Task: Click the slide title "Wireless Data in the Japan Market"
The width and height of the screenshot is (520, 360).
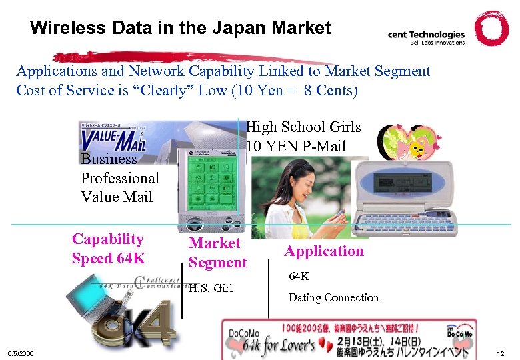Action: pyautogui.click(x=180, y=28)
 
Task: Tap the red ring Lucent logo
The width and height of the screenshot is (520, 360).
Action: pyautogui.click(x=491, y=28)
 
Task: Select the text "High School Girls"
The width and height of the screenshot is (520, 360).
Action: pyautogui.click(x=303, y=127)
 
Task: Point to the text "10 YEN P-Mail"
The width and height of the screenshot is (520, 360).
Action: pyautogui.click(x=296, y=146)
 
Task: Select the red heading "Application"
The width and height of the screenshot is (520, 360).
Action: pyautogui.click(x=324, y=251)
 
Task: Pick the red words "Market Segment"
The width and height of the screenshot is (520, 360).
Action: pyautogui.click(x=217, y=253)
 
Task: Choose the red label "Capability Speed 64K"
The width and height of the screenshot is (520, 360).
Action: pyautogui.click(x=107, y=249)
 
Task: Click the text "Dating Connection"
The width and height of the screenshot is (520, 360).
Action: pyautogui.click(x=333, y=298)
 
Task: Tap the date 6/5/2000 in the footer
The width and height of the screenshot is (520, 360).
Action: pyautogui.click(x=21, y=352)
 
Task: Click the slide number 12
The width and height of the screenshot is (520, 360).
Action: pyautogui.click(x=501, y=352)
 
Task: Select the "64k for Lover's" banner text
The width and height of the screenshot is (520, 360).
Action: pyautogui.click(x=279, y=345)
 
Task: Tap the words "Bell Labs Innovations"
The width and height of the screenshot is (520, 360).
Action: pyautogui.click(x=437, y=43)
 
